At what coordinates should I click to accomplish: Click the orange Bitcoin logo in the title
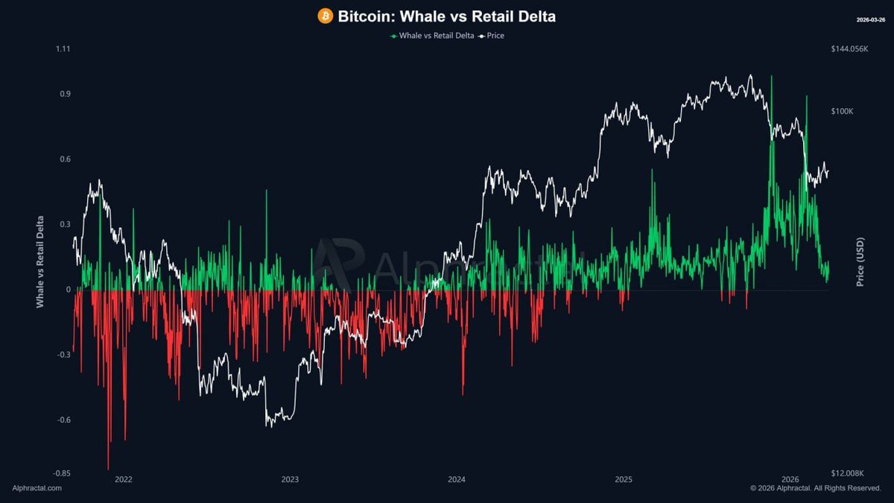pyautogui.click(x=325, y=16)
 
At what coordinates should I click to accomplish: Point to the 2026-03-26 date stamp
pyautogui.click(x=871, y=19)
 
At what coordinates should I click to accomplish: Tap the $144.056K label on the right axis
pyautogui.click(x=849, y=49)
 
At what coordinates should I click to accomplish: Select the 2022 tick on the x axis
pyautogui.click(x=124, y=479)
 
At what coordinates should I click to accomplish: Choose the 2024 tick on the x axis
pyautogui.click(x=457, y=479)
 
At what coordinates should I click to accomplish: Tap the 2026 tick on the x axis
pyautogui.click(x=790, y=479)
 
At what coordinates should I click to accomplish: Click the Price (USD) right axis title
pyautogui.click(x=860, y=262)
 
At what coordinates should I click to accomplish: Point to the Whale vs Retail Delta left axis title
pyautogui.click(x=40, y=262)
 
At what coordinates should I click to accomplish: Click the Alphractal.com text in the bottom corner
pyautogui.click(x=37, y=488)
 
